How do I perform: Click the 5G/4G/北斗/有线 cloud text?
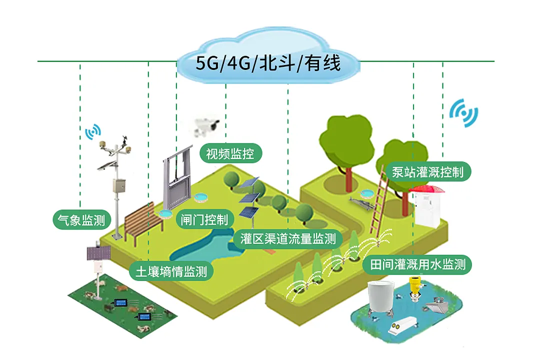(x=268, y=64)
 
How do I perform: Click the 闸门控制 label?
(x=204, y=219)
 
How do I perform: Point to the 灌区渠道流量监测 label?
(x=287, y=238)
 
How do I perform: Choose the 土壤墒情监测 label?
(x=171, y=272)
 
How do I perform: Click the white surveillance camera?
(x=206, y=124)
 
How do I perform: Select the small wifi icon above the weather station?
(x=92, y=132)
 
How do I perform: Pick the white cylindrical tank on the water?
(x=381, y=300)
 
